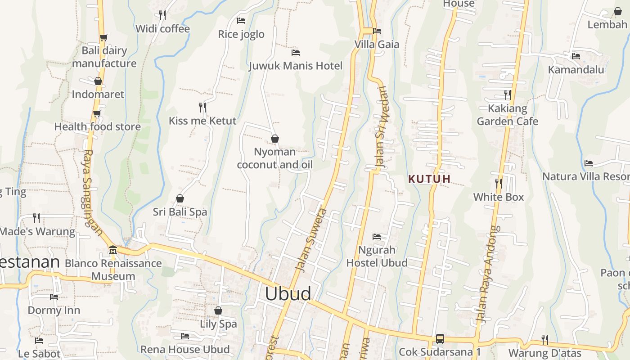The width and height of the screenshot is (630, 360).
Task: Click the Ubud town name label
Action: [x=288, y=293]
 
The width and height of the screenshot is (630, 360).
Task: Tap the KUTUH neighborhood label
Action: [x=429, y=179]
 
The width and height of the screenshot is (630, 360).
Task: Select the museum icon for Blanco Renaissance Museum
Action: [x=112, y=250]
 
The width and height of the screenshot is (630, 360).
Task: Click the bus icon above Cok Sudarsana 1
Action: [x=440, y=338]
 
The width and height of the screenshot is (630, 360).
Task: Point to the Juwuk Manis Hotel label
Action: [x=296, y=66]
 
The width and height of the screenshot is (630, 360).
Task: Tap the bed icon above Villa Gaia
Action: [x=377, y=31]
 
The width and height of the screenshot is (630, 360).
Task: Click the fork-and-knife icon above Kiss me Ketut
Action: [x=202, y=107]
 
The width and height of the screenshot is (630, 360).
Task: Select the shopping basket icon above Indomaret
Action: [x=98, y=81]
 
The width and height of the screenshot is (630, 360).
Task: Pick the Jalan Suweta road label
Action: [x=310, y=239]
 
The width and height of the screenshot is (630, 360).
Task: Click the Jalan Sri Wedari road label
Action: [x=382, y=128]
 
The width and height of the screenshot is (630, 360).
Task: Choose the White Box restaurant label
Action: [x=499, y=197]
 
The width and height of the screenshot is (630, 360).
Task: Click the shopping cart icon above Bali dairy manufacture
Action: [x=104, y=37]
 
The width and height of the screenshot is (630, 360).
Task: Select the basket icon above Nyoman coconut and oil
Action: [x=274, y=139]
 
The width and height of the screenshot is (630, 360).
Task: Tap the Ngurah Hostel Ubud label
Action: [x=377, y=256]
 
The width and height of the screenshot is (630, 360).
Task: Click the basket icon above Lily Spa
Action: [x=218, y=310]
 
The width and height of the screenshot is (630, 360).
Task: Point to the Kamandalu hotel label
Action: [x=576, y=70]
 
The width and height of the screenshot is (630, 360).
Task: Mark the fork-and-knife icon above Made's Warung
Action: [x=36, y=218]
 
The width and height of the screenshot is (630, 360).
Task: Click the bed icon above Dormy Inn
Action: [x=54, y=297]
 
